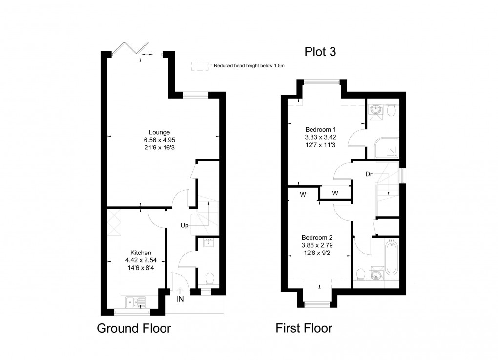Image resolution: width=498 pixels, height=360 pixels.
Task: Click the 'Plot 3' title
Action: pyautogui.click(x=320, y=52)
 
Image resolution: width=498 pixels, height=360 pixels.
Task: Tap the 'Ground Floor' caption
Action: pyautogui.click(x=134, y=328)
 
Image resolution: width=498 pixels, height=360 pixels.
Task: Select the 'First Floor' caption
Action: pyautogui.click(x=304, y=328)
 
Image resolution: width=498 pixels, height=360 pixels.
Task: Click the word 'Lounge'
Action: pyautogui.click(x=160, y=132)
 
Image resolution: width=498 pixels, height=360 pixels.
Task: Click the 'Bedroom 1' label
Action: pyautogui.click(x=321, y=129)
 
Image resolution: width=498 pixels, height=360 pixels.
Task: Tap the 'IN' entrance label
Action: pyautogui.click(x=180, y=299)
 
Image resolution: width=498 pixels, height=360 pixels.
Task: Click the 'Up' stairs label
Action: pyautogui.click(x=184, y=226)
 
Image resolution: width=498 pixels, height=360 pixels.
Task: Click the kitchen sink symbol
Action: pyautogui.click(x=137, y=302)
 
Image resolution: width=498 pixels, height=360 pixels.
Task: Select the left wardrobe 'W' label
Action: pyautogui.click(x=303, y=194)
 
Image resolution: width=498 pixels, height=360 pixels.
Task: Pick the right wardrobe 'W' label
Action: pyautogui.click(x=335, y=193)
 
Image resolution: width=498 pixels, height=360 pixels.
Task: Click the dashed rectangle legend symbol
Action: pyautogui.click(x=199, y=66)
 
